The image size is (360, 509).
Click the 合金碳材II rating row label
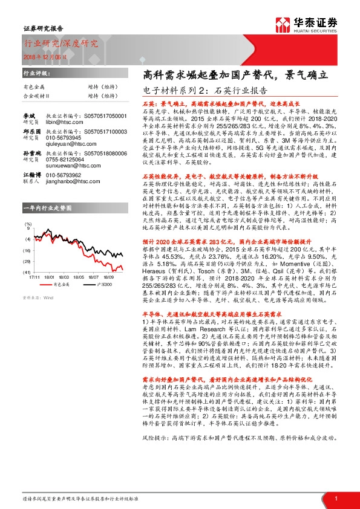[38, 95]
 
